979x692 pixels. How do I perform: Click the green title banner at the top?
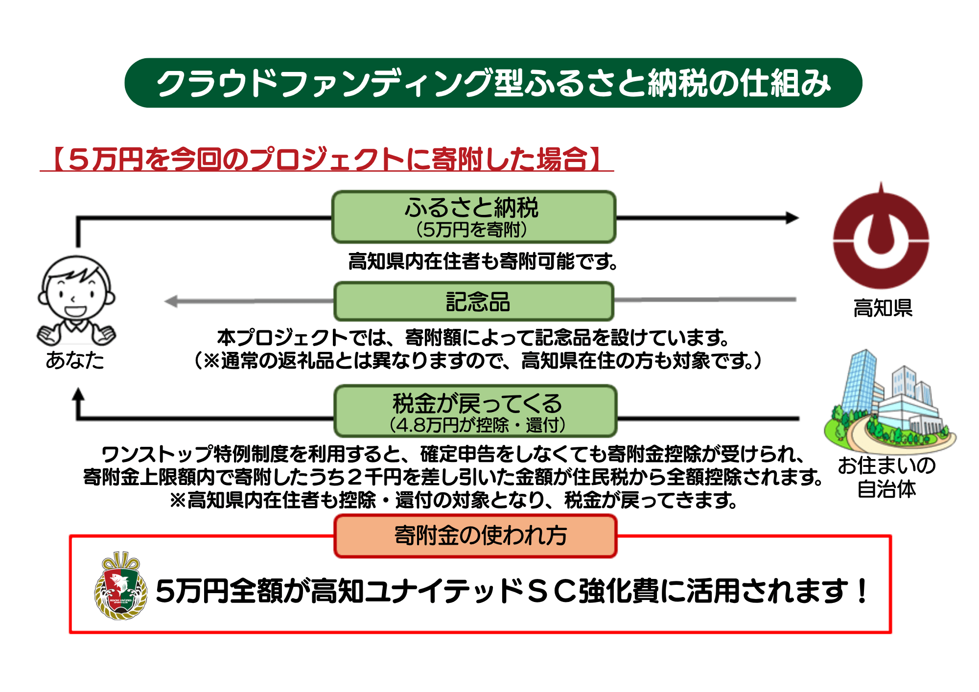(493, 83)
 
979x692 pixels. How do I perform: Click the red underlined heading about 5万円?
(326, 159)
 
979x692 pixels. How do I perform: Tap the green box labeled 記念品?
(473, 301)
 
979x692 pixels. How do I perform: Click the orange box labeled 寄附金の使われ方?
(475, 535)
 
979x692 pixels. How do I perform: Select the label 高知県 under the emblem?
(883, 308)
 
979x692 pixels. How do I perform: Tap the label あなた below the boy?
(75, 360)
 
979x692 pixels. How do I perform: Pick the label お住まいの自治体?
(886, 477)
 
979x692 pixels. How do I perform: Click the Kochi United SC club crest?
(120, 586)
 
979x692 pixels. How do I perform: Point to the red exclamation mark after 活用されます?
(862, 591)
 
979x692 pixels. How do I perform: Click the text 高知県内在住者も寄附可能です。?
(483, 261)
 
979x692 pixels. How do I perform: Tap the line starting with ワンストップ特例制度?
(453, 454)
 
